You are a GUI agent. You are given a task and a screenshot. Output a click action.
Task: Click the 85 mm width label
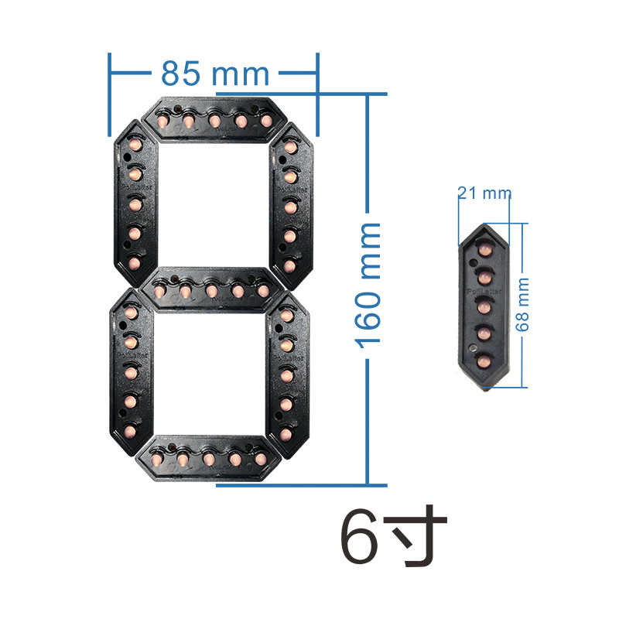coord(214,74)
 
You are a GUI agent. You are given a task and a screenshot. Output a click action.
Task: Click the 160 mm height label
coord(370,284)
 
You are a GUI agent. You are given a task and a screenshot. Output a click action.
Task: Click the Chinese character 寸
coord(419,535)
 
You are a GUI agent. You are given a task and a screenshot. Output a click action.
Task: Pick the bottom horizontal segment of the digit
coord(209,459)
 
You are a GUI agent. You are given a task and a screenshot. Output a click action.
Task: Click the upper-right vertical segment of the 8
coord(290,205)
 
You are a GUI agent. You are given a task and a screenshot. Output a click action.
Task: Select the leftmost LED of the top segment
coord(164,121)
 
